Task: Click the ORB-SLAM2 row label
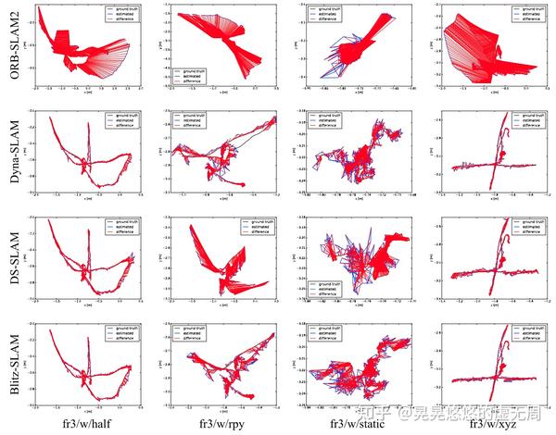tap(10, 51)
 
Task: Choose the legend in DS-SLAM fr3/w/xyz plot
tap(524, 227)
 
